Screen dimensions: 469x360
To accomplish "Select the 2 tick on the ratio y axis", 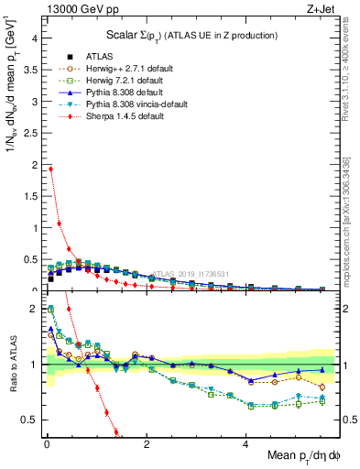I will point(33,309).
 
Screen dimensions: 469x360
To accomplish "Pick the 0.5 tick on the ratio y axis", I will point(29,420).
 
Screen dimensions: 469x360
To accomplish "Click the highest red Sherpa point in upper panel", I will point(51,169).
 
